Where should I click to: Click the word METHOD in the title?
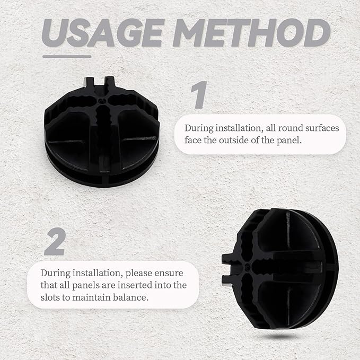tap(251, 33)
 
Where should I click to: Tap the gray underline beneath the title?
tap(67, 57)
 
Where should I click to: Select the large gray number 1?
tap(199, 94)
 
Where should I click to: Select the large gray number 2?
tap(55, 241)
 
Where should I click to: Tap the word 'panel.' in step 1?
tap(289, 141)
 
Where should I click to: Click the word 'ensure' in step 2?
tap(169, 273)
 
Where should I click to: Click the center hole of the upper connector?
tap(102, 101)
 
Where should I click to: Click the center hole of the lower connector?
tap(247, 266)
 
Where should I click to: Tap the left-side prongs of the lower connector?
tap(227, 269)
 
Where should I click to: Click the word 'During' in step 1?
tap(199, 128)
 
